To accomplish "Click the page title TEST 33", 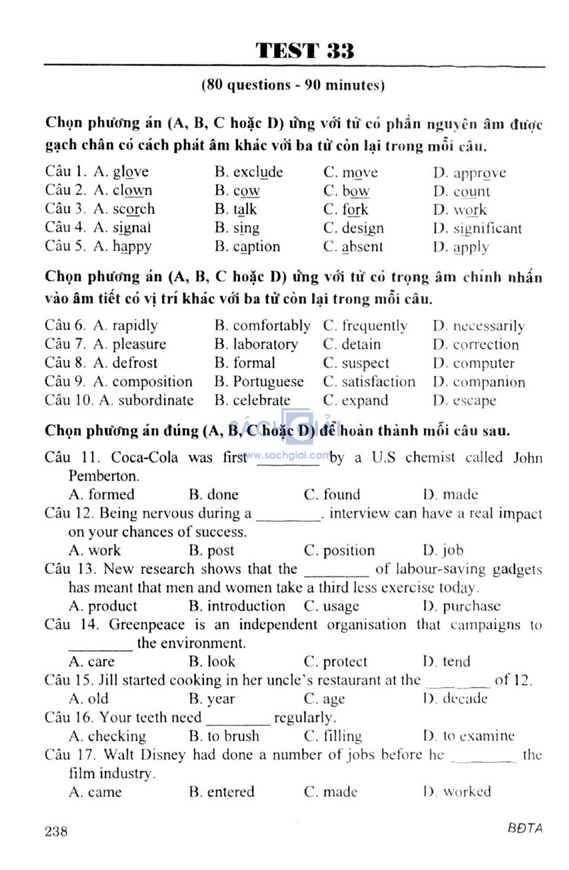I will point(305,51).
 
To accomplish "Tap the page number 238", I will point(56,831).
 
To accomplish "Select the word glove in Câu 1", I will point(131,172).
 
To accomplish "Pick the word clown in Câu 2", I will point(132,190).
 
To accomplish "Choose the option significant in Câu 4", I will point(487,228).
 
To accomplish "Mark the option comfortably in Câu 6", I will point(271,326).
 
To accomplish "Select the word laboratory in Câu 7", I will point(265,344).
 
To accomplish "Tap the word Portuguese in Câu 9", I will point(268,382).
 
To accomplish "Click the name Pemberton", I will point(103,476).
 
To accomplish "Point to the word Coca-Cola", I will point(144,457).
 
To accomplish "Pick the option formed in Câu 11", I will point(111,494).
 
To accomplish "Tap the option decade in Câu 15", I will point(465,698).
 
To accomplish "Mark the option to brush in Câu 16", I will point(233,736).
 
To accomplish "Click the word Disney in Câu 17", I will point(163,755).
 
